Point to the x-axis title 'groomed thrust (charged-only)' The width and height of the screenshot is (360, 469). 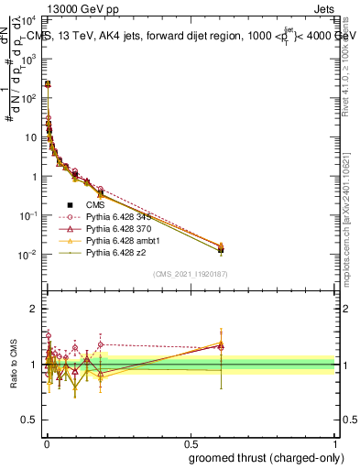(x=262, y=457)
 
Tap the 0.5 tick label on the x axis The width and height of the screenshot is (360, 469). (x=190, y=442)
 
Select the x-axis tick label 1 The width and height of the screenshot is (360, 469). (x=335, y=442)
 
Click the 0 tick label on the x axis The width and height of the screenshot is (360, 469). (x=46, y=442)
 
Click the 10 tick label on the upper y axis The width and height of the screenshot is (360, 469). (x=30, y=136)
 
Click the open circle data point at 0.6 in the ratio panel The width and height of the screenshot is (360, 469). (x=220, y=346)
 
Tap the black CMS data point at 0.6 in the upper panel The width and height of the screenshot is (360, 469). (x=220, y=249)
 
